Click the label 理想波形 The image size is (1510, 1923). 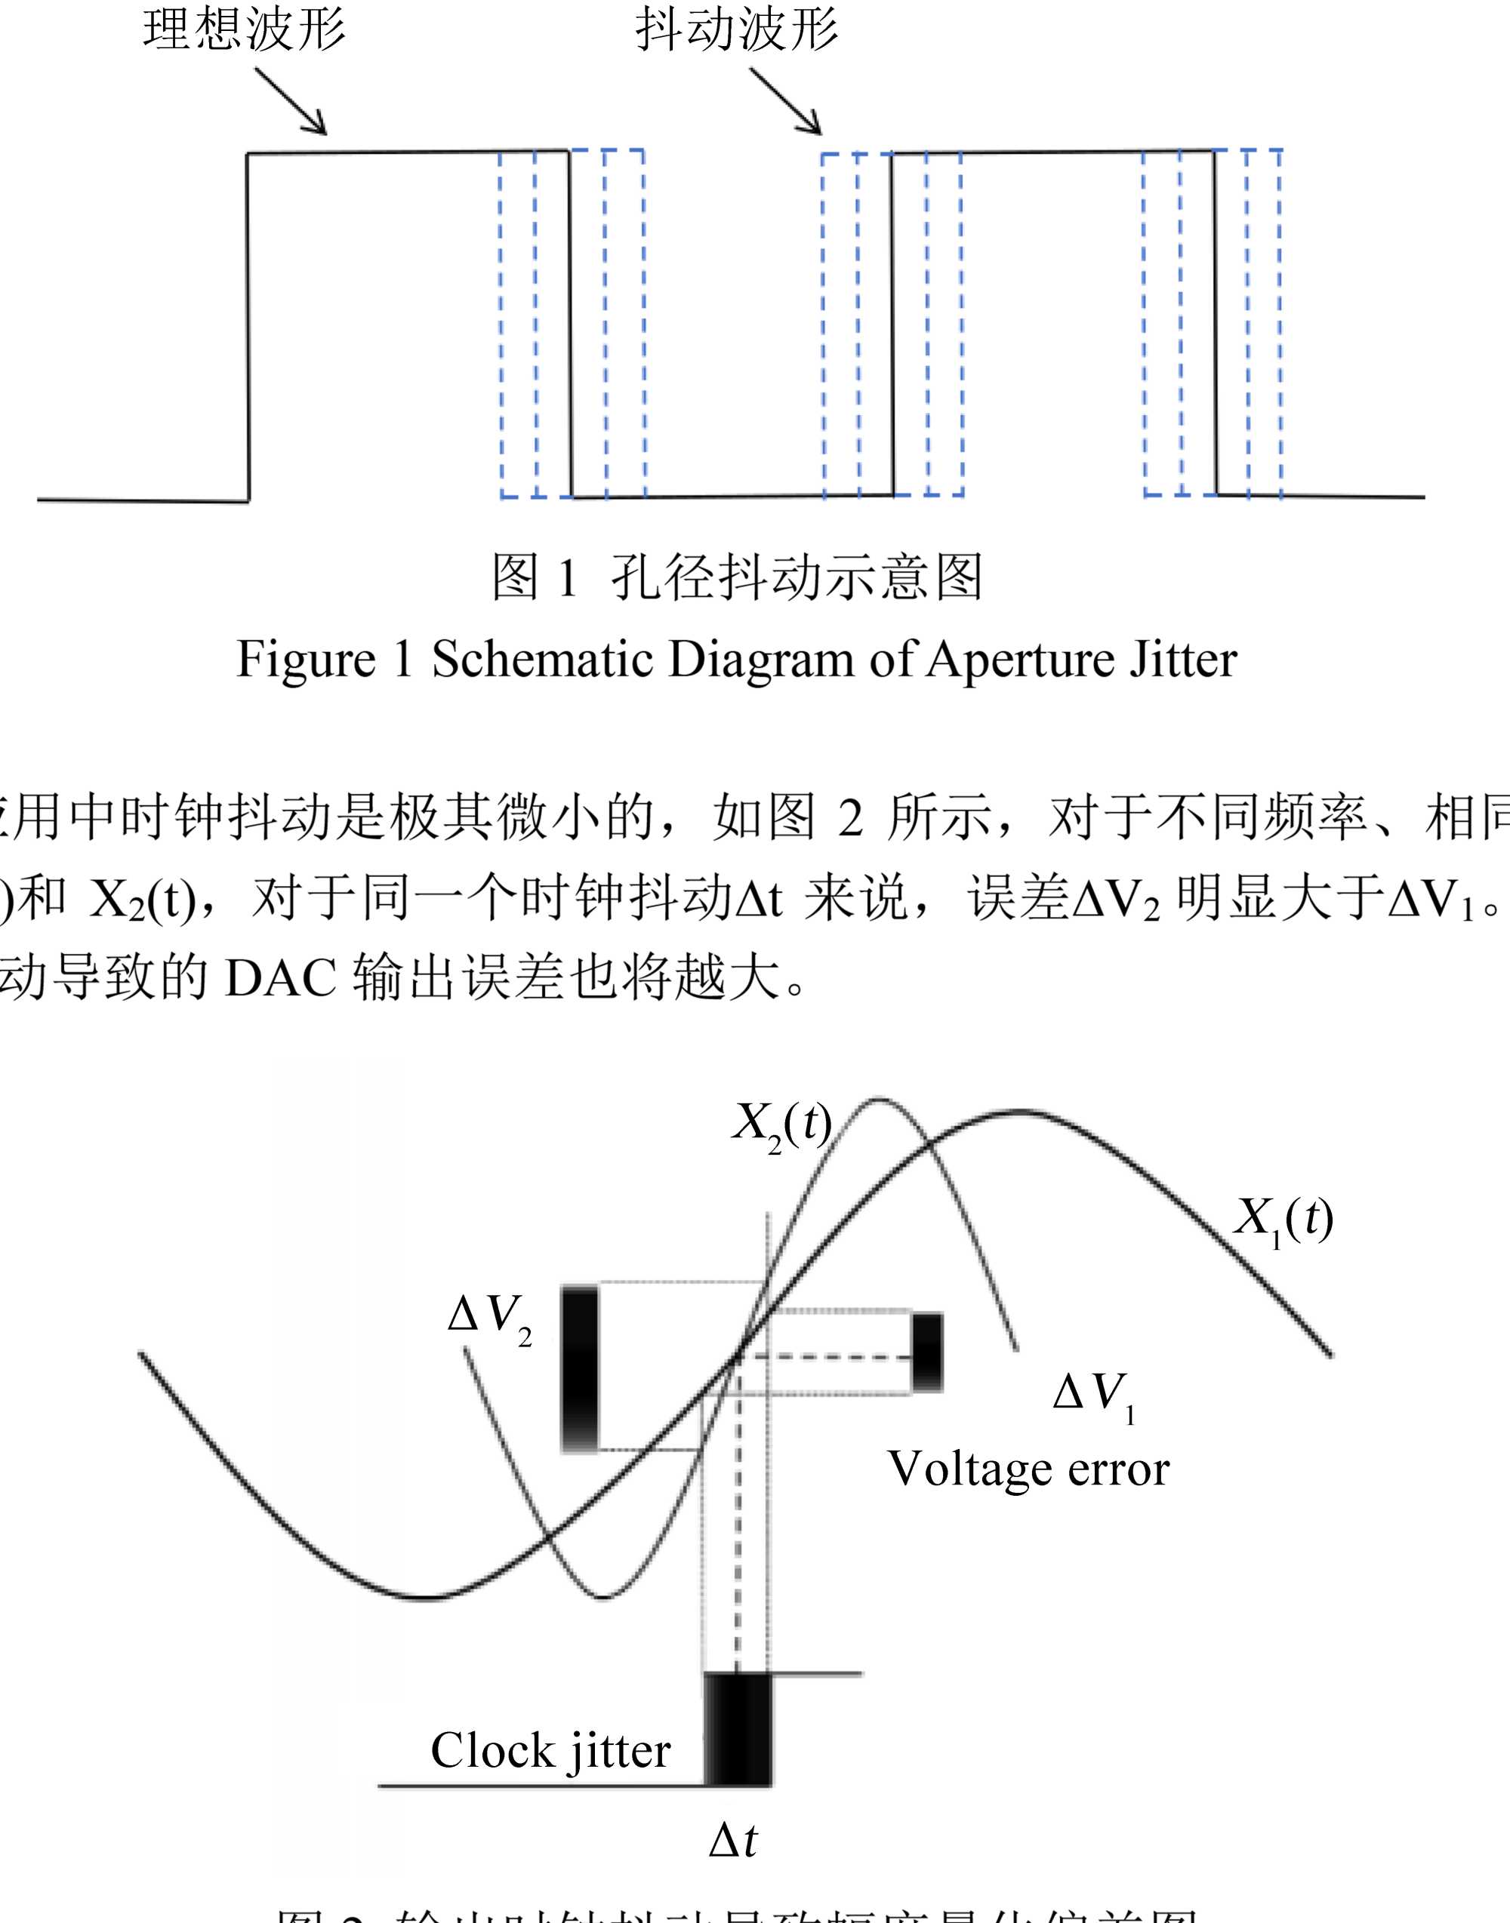(x=244, y=29)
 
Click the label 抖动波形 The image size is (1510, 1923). (x=736, y=29)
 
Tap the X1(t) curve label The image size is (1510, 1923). (x=1283, y=1220)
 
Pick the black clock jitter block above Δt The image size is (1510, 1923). (x=738, y=1730)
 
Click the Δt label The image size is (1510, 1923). (x=733, y=1841)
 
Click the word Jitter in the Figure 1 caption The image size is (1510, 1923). (x=1183, y=660)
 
